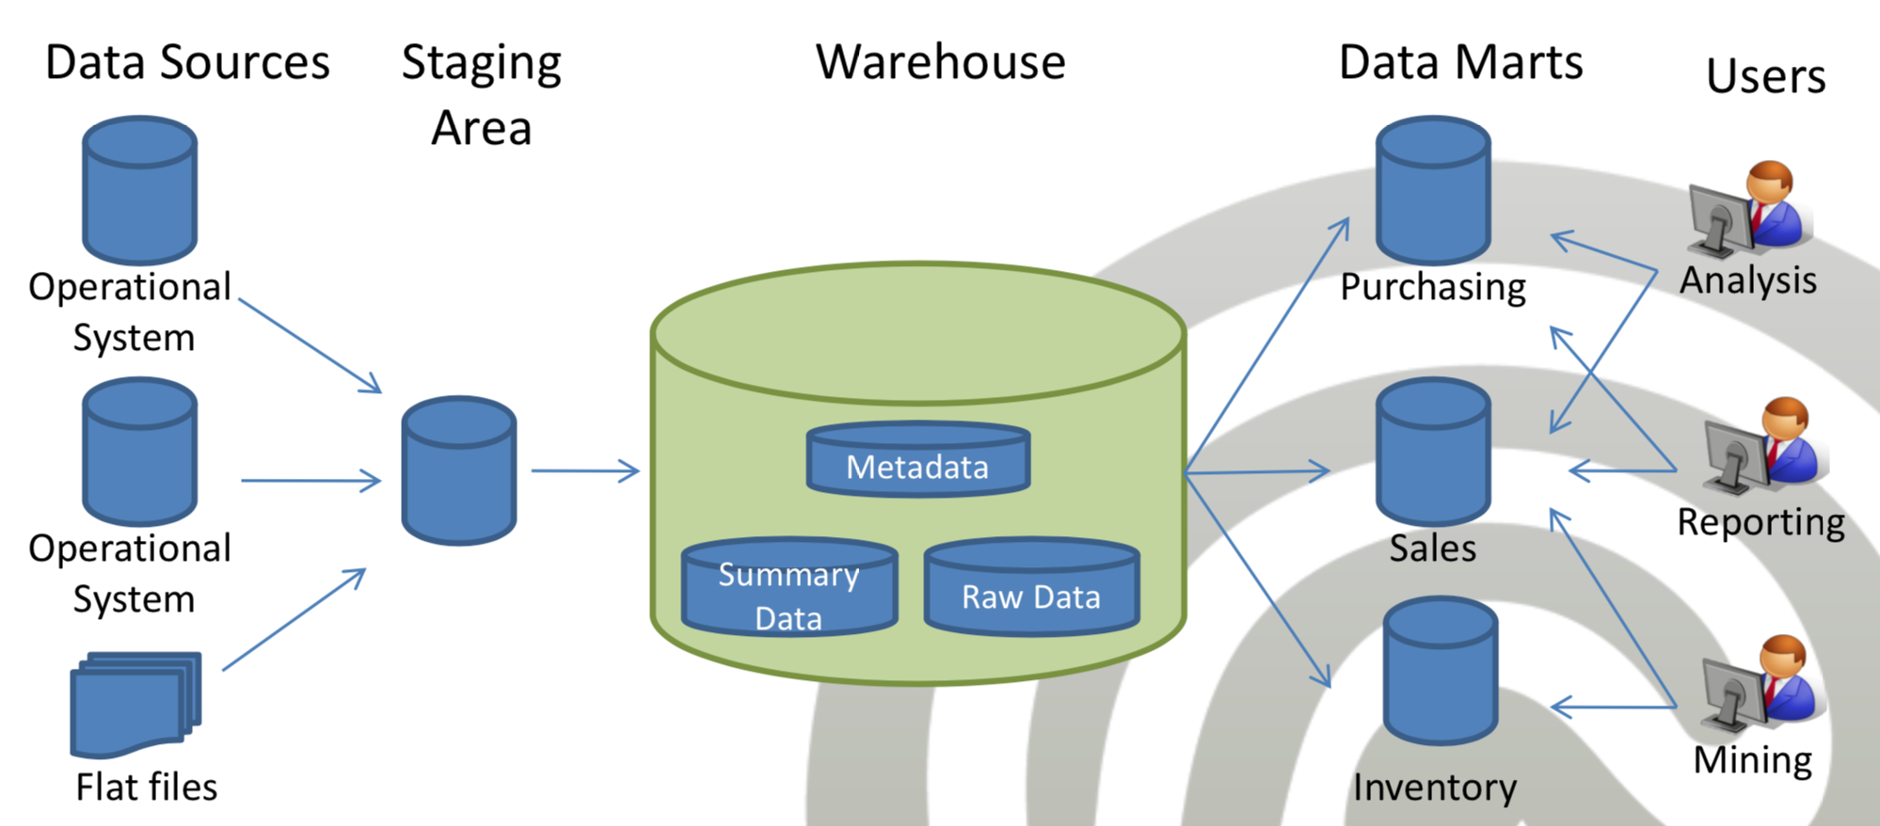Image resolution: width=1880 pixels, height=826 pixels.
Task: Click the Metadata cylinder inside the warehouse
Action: click(918, 458)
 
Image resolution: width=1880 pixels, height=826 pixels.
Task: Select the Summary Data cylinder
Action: click(789, 586)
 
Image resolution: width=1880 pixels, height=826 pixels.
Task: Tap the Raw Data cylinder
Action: click(1032, 586)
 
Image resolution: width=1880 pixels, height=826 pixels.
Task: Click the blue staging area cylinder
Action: click(459, 470)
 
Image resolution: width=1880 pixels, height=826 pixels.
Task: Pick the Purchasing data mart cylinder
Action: click(1433, 190)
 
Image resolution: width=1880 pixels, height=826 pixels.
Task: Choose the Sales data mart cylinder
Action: click(1433, 452)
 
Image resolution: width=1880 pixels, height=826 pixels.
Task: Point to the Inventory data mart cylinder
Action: click(1441, 670)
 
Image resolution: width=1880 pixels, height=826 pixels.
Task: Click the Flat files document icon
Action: click(136, 704)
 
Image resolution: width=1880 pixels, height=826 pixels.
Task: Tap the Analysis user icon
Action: click(1748, 209)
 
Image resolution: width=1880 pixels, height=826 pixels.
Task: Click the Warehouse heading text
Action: click(941, 62)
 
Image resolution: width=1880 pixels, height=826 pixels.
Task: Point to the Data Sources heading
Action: click(187, 62)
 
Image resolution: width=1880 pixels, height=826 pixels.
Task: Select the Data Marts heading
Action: click(1461, 62)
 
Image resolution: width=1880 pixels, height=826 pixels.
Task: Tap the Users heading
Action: click(1766, 75)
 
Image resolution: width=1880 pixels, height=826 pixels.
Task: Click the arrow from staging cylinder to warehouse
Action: click(585, 470)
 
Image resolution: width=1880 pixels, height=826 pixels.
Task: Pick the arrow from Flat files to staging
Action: click(294, 619)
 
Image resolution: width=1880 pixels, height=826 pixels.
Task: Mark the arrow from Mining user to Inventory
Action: click(1613, 707)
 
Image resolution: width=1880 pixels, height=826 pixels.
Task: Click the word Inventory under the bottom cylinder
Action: click(1435, 787)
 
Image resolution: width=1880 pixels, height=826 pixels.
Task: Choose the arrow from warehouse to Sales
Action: click(1257, 471)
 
